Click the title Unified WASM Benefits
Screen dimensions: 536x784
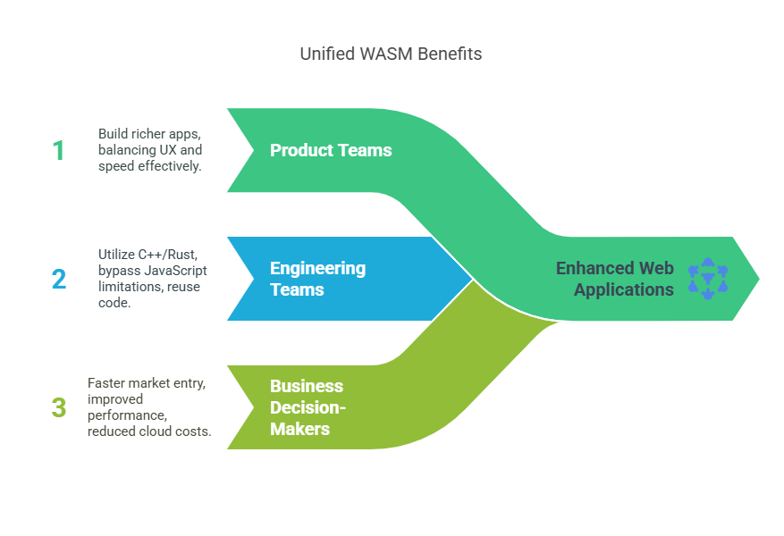[x=391, y=54]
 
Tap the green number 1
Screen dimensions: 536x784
[x=59, y=150]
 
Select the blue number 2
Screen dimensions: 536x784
[x=59, y=279]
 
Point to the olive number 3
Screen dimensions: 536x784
[x=59, y=407]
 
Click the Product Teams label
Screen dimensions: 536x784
[x=331, y=150]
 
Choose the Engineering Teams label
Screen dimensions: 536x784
[x=317, y=279]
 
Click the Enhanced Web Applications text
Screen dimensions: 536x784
[x=615, y=279]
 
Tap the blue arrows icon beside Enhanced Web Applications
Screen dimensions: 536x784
[x=708, y=279]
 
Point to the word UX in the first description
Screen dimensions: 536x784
[x=179, y=149]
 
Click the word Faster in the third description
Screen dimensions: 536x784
[x=106, y=382]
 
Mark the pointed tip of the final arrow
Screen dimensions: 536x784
[x=760, y=279]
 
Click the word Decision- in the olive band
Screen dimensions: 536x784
[x=308, y=407]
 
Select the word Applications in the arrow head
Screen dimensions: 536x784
[x=624, y=289]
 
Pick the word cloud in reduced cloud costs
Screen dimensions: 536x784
[x=164, y=431]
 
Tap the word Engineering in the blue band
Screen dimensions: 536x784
[x=317, y=268]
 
